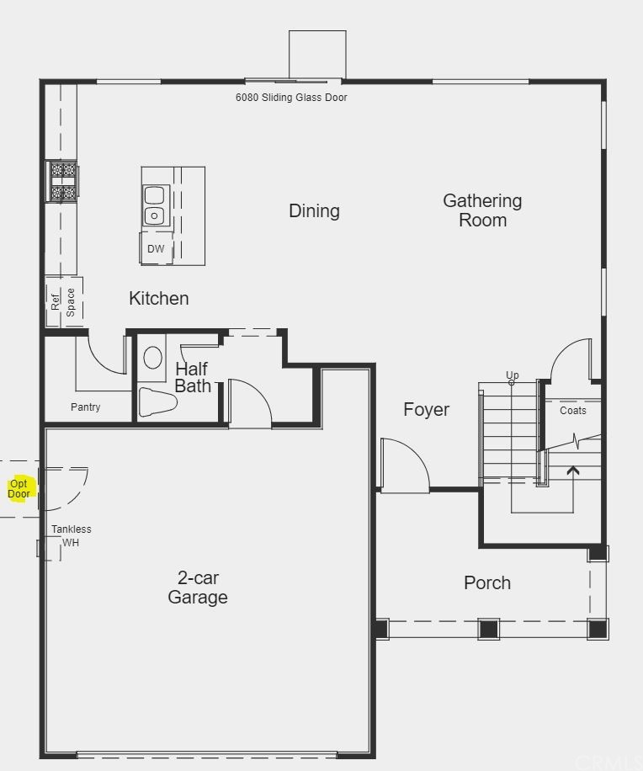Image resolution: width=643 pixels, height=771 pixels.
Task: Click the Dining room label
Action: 314,211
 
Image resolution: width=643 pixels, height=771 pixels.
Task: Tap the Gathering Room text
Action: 482,210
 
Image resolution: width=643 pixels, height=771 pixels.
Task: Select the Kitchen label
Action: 159,299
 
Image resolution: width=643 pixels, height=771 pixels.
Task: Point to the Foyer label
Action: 426,410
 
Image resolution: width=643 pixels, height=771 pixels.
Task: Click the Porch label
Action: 487,582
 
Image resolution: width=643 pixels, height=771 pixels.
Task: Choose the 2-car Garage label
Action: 198,588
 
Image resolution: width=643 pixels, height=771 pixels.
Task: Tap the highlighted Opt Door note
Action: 19,489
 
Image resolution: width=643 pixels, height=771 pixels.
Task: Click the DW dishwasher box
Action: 156,249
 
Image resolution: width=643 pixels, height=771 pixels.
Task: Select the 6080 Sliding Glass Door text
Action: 291,98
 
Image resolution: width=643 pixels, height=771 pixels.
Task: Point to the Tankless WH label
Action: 72,536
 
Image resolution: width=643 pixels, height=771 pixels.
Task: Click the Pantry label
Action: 86,407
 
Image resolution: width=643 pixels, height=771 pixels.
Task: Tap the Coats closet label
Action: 573,411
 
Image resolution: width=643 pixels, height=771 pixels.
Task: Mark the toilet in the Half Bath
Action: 157,402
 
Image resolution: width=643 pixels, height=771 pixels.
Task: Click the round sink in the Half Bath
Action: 153,358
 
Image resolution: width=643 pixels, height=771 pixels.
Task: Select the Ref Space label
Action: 63,302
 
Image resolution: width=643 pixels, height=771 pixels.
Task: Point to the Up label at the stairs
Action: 513,375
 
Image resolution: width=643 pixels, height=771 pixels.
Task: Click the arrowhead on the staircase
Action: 573,471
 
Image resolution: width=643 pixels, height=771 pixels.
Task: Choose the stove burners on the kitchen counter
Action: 62,181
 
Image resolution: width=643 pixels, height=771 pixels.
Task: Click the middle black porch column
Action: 489,630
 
